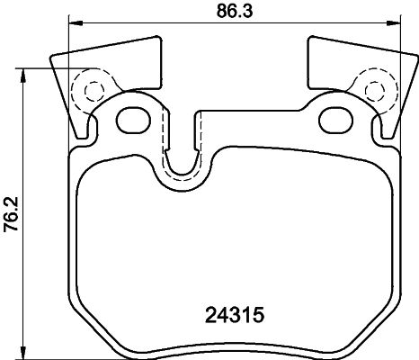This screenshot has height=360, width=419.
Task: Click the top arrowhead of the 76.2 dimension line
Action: point(24,73)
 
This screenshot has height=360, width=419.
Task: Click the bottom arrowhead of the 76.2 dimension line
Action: point(24,351)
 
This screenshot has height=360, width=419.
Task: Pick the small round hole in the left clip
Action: point(91,87)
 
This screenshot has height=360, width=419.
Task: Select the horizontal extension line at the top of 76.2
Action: point(40,68)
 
